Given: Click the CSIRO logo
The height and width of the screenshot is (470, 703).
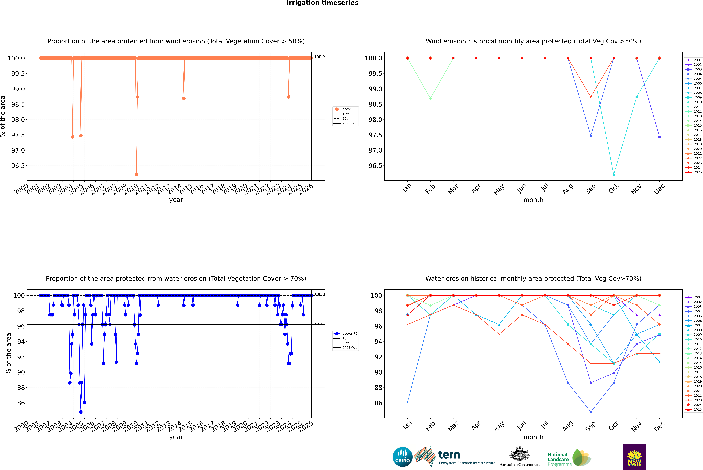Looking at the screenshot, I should tap(402, 457).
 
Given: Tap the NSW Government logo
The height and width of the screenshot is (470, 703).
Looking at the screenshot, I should tap(634, 457).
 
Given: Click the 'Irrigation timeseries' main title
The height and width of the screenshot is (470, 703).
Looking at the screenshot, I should tap(322, 3).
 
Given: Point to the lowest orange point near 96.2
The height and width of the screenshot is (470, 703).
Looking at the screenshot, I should tap(136, 174).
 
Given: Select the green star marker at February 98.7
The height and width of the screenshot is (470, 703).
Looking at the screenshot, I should tap(430, 98).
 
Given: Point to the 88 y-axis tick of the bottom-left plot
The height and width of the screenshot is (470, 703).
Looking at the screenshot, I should tap(21, 388).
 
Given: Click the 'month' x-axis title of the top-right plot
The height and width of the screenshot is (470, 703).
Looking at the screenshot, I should tap(533, 200).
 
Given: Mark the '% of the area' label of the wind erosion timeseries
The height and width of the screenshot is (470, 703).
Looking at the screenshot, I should tap(3, 116).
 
